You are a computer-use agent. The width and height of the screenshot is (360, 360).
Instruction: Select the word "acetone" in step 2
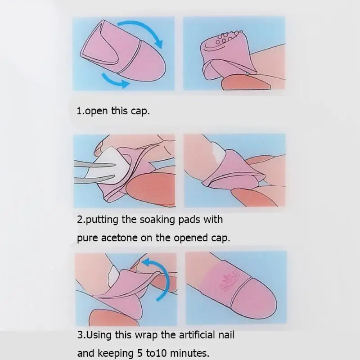click(119, 238)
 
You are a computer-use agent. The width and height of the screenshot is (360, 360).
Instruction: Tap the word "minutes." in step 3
click(189, 353)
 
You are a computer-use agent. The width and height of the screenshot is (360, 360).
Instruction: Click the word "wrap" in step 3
click(146, 335)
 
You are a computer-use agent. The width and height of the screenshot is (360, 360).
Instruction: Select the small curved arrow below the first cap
click(114, 81)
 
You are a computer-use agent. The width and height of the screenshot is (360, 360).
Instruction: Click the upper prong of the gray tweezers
click(94, 164)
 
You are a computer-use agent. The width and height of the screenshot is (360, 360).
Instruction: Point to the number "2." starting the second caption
click(81, 220)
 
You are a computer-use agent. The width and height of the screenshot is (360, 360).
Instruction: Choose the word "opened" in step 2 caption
click(190, 238)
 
